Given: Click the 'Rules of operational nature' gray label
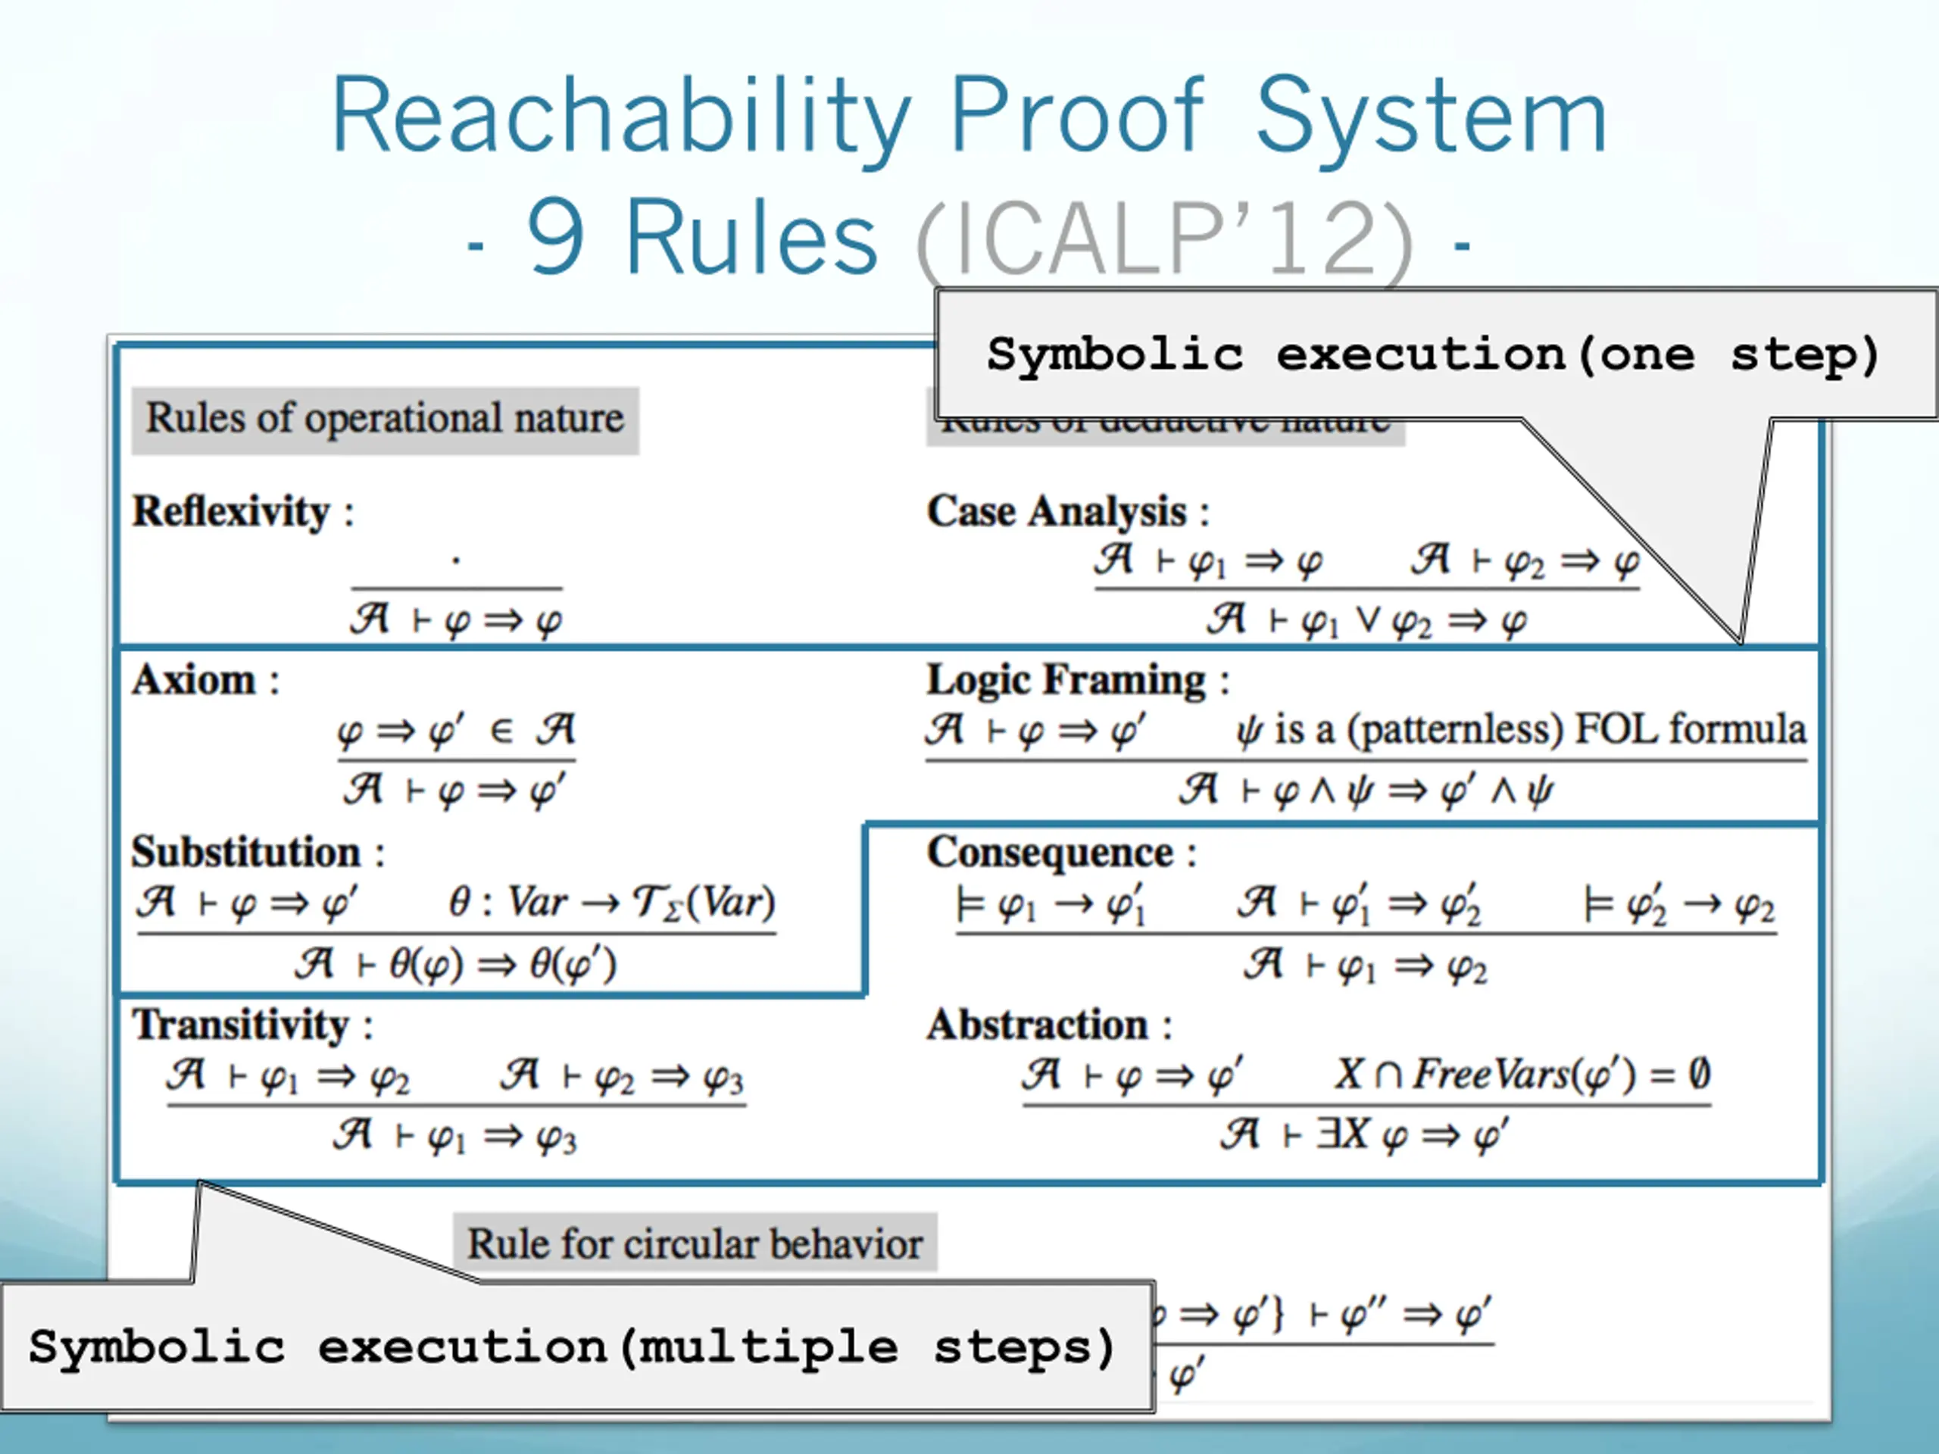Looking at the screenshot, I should (x=385, y=419).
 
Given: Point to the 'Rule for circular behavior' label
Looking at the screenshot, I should (x=695, y=1243).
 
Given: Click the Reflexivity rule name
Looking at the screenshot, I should (x=230, y=512).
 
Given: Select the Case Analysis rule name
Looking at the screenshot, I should (x=1057, y=512).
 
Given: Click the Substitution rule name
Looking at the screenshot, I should (x=246, y=853).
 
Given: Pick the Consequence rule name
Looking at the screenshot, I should (x=1050, y=853).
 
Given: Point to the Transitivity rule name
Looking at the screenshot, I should (x=241, y=1025).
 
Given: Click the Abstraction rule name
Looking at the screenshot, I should (x=1038, y=1025).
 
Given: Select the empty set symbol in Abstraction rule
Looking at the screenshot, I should (x=1699, y=1074).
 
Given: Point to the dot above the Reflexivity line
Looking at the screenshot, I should (x=456, y=559).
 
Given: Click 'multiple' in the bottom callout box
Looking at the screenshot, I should (x=768, y=1348).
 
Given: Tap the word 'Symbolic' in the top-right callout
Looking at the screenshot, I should (x=1115, y=356).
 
